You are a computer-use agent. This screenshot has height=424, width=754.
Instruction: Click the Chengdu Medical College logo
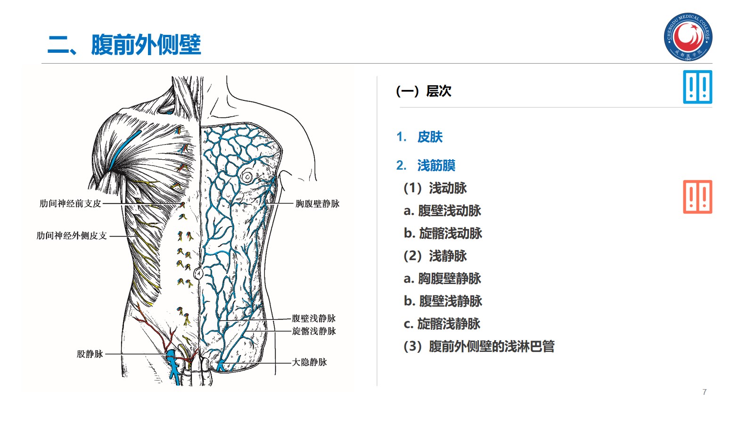(688, 37)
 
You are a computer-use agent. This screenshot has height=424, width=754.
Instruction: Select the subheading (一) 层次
(424, 91)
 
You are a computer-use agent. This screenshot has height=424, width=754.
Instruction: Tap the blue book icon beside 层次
(697, 87)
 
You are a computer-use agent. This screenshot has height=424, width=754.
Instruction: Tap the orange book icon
(697, 197)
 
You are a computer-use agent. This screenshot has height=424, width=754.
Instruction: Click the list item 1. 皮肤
(419, 137)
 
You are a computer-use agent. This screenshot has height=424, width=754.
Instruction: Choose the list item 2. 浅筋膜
(426, 165)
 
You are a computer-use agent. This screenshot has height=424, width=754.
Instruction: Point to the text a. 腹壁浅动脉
(442, 211)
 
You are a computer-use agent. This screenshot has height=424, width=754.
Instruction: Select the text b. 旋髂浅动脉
(443, 233)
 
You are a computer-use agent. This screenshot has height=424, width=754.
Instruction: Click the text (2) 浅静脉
(435, 256)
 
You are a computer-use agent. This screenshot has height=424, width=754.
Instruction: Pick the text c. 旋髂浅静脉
(442, 324)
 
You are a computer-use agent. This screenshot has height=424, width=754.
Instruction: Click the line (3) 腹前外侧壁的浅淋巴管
(479, 346)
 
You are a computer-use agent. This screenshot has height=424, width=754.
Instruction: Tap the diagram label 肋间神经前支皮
(70, 204)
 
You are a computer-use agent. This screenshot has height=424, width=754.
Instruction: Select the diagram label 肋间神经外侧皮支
(72, 236)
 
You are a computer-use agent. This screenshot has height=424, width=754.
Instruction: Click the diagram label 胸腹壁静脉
(317, 204)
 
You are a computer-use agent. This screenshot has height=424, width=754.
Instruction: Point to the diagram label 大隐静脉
(309, 362)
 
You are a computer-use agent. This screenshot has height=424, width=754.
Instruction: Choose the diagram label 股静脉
(90, 354)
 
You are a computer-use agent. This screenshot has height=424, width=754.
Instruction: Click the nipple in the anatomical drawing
(247, 177)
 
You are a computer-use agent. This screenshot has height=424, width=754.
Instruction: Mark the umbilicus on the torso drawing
(199, 273)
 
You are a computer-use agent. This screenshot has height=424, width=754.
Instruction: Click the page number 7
(704, 392)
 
